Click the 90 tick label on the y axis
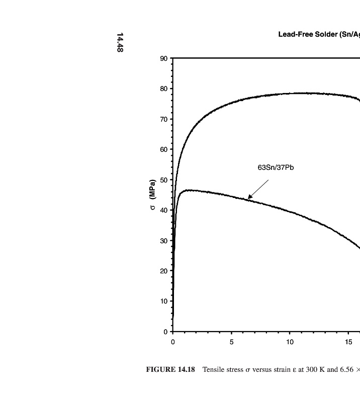(x=164, y=59)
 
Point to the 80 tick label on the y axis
(x=164, y=89)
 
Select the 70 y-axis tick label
(x=164, y=120)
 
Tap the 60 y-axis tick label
(x=164, y=150)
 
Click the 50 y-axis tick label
(x=164, y=180)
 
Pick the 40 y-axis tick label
(x=164, y=211)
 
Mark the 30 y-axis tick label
(x=164, y=241)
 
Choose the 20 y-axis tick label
(x=164, y=271)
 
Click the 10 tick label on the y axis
(x=164, y=301)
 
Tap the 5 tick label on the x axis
(x=232, y=342)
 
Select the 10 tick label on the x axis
(x=290, y=342)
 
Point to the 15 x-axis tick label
(x=348, y=342)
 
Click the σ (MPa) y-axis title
(x=152, y=195)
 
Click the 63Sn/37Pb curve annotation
(x=276, y=167)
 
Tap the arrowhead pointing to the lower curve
(x=250, y=197)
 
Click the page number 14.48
(x=120, y=42)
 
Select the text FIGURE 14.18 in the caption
(x=170, y=370)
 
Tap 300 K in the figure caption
(x=314, y=370)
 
